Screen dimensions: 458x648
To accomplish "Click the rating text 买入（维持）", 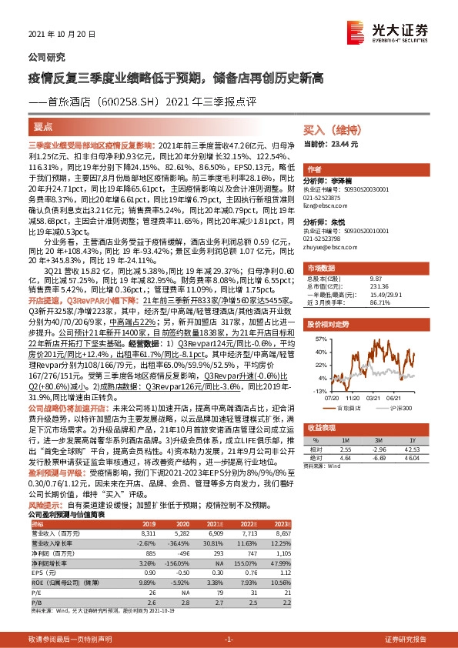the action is pos(329,131).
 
